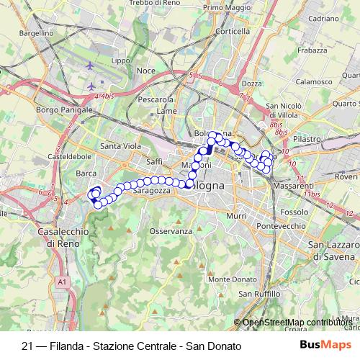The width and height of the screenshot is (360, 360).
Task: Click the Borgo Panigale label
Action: (63, 110)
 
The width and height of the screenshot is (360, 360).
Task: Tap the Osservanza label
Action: (171, 231)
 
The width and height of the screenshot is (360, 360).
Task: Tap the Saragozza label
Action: (150, 192)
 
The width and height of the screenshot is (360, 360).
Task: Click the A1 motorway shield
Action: (62, 282)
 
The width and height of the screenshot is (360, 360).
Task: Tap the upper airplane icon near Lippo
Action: (89, 66)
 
